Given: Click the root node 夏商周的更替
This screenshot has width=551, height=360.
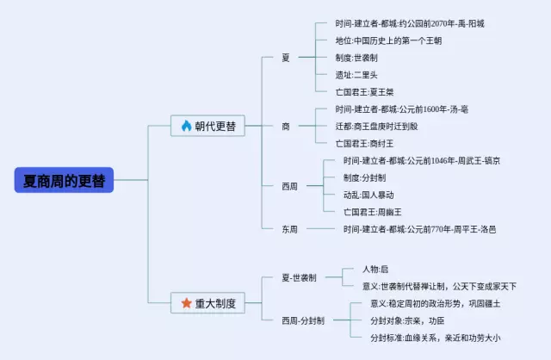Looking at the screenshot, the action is pyautogui.click(x=64, y=180).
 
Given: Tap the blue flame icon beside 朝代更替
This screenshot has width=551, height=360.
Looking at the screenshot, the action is pyautogui.click(x=186, y=126).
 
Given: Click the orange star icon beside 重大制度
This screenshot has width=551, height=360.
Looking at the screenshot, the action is pyautogui.click(x=186, y=302).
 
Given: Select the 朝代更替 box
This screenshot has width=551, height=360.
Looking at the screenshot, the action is pyautogui.click(x=207, y=126).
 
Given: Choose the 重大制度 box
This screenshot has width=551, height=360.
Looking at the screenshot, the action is pyautogui.click(x=207, y=302).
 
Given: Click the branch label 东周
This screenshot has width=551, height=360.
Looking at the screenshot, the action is pyautogui.click(x=289, y=229).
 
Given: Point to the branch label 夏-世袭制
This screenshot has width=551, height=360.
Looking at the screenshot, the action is pyautogui.click(x=299, y=277).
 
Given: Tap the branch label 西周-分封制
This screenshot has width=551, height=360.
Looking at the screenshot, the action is pyautogui.click(x=303, y=320).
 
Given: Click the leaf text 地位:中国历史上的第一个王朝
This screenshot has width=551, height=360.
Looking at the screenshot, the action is pyautogui.click(x=388, y=40).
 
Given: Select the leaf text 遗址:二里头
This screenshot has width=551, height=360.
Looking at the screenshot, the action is pyautogui.click(x=356, y=75).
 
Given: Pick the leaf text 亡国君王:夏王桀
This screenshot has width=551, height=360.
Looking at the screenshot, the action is pyautogui.click(x=364, y=92).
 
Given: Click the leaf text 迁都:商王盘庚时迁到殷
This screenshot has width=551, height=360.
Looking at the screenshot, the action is pyautogui.click(x=376, y=127).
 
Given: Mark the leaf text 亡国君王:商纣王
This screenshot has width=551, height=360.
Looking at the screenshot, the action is pyautogui.click(x=364, y=144).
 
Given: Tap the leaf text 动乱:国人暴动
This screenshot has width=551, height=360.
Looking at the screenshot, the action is pyautogui.click(x=368, y=196).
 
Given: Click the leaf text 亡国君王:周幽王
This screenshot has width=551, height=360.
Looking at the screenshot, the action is pyautogui.click(x=373, y=213).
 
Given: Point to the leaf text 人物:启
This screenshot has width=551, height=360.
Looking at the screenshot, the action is pyautogui.click(x=375, y=270).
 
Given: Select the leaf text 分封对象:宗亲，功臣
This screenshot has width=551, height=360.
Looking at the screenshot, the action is pyautogui.click(x=407, y=320).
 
